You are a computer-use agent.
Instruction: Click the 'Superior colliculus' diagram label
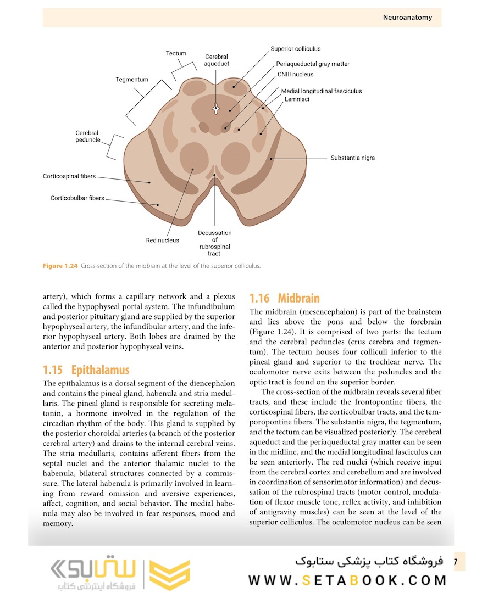(x=295, y=49)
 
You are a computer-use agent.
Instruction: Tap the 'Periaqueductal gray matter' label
(x=313, y=64)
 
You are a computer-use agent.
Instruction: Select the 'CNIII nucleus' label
(x=295, y=75)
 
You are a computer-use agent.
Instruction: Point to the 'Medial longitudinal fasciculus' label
(x=321, y=91)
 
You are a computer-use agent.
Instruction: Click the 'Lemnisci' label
(x=297, y=99)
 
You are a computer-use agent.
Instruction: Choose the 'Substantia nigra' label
(x=352, y=158)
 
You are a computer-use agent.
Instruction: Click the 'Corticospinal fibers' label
(x=69, y=176)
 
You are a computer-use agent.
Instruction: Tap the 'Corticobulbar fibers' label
(x=77, y=198)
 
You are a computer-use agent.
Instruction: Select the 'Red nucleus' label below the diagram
(x=162, y=240)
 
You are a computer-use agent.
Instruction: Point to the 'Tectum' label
(x=176, y=54)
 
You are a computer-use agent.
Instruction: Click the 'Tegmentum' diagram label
(x=132, y=80)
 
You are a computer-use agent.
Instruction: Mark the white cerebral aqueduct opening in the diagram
(x=216, y=109)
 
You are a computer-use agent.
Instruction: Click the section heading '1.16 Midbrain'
(x=284, y=299)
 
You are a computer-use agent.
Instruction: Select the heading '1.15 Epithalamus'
(x=86, y=370)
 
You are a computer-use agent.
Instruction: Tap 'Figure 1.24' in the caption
(x=60, y=266)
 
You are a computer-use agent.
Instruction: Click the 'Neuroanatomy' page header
(x=407, y=18)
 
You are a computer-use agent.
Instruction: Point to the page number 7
(x=456, y=562)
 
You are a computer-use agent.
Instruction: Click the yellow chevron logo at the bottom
(x=169, y=574)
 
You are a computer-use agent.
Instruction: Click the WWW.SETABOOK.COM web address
(x=347, y=580)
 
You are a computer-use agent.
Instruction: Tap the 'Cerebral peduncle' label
(x=88, y=136)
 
